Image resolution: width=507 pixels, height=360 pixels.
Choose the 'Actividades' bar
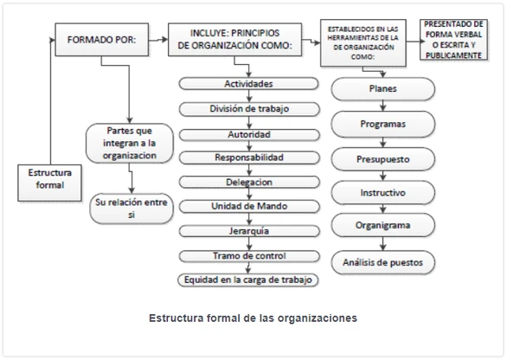248,85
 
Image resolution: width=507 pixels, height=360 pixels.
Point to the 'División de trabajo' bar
248,109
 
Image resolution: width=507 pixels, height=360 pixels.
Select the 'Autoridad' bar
248,134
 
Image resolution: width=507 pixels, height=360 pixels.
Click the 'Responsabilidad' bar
248,158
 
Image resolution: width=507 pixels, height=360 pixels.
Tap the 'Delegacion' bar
248,183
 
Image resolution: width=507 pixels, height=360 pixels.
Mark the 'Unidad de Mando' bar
248,208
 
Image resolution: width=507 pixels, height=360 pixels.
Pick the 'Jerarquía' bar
248,232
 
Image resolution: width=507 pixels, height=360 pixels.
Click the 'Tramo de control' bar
248,256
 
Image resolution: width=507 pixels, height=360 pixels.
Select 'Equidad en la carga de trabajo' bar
248,280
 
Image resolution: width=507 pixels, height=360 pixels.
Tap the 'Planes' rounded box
382,89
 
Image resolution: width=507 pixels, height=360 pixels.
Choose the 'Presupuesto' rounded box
382,160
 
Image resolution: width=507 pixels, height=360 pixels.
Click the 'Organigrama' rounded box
382,226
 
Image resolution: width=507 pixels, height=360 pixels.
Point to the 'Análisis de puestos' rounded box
382,260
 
